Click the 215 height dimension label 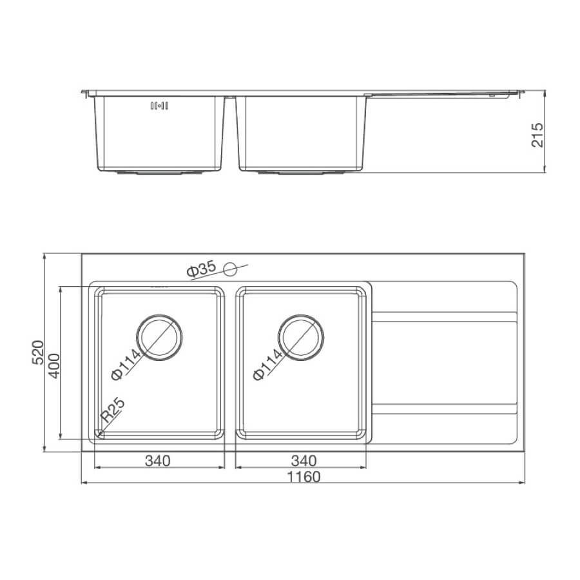pos(537,135)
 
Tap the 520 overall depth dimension pos(38,353)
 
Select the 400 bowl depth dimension pos(54,366)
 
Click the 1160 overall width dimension pos(304,477)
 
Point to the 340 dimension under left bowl pos(158,461)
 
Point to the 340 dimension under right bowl pos(304,461)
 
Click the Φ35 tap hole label pos(201,269)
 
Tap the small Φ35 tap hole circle pos(230,269)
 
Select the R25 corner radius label pos(113,410)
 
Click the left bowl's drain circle pos(159,315)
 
